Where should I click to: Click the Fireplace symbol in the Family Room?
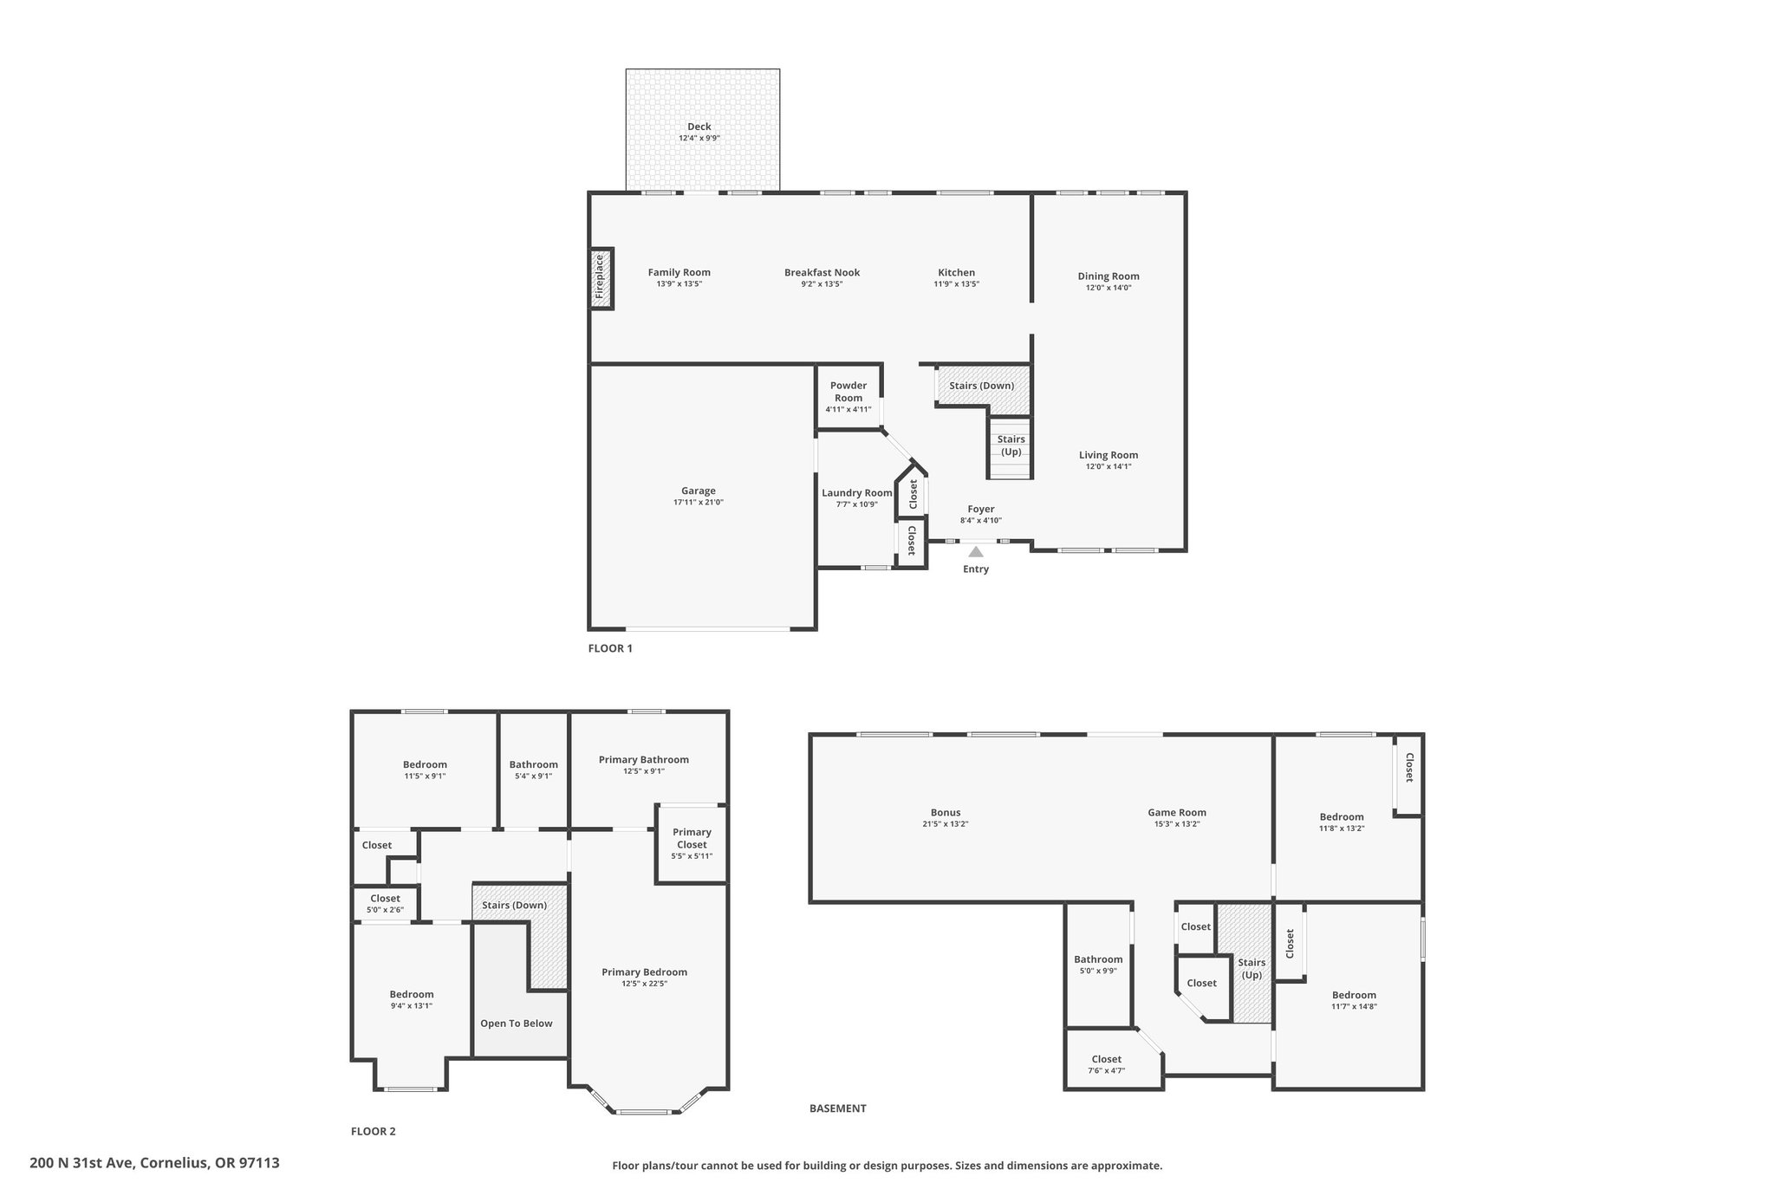point(601,278)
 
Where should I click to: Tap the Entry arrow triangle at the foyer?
point(976,551)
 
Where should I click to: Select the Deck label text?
point(699,127)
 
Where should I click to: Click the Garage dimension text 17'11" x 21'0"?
point(699,503)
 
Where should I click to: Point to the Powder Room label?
point(848,392)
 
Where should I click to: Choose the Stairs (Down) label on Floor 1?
point(982,386)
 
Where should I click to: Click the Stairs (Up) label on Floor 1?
point(1011,445)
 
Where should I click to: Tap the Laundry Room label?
point(857,493)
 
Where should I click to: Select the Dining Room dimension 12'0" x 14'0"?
point(1109,288)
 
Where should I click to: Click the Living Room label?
point(1109,455)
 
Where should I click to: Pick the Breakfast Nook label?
point(822,272)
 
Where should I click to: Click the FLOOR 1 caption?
point(611,648)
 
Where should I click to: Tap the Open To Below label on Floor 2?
point(517,1024)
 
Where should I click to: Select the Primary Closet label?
point(692,838)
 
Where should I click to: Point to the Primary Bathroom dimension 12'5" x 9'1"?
point(644,771)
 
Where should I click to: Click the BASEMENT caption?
point(838,1108)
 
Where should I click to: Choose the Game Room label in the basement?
point(1177,812)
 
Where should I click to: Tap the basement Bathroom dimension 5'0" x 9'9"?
point(1098,971)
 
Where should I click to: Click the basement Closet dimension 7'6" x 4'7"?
point(1107,1070)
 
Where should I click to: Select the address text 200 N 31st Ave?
point(81,1163)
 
